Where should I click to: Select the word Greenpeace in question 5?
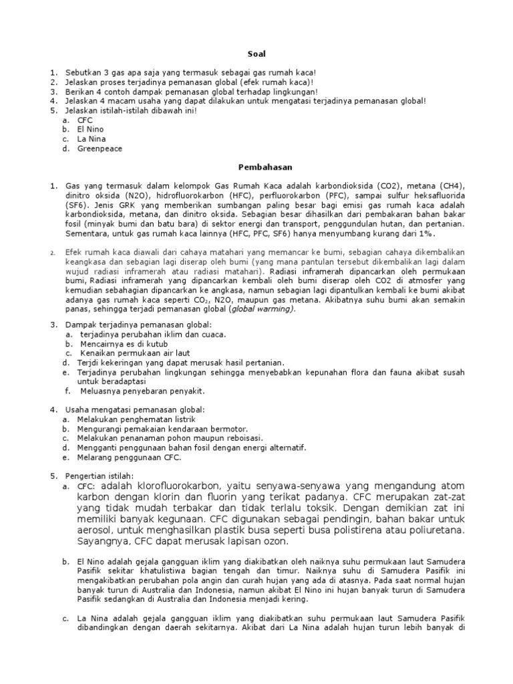(100, 148)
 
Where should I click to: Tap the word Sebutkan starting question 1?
(85, 72)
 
